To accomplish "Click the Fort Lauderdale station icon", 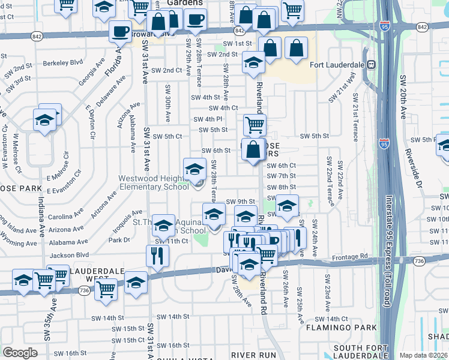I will point(372,65).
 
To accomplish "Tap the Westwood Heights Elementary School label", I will point(154,182).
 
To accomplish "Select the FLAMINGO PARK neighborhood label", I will point(342,328).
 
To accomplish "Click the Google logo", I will point(20,352).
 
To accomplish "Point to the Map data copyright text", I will point(423,355).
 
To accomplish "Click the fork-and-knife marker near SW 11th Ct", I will point(157,254).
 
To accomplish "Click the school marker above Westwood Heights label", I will point(194,169).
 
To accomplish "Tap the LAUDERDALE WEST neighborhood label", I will point(98,275).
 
